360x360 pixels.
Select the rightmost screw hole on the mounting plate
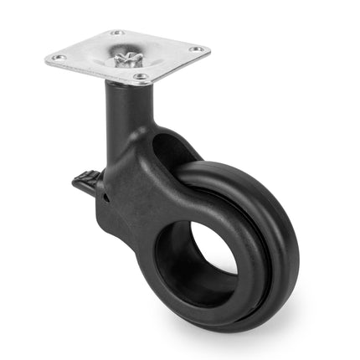coord(198,50)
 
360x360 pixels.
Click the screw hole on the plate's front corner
coord(141,77)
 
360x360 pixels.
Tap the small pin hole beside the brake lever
coord(107,198)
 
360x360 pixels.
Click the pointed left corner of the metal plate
coord(46,59)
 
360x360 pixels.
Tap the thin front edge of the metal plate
coord(92,75)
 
